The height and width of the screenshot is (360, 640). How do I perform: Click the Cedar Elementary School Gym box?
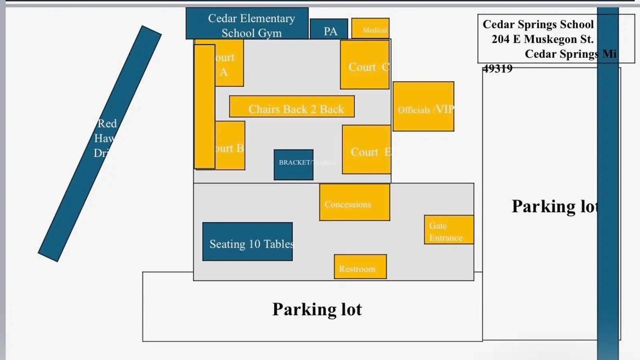click(247, 24)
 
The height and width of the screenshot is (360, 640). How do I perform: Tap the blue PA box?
click(329, 30)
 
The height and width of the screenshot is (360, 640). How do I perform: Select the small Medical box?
click(370, 28)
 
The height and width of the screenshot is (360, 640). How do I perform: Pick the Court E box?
click(366, 150)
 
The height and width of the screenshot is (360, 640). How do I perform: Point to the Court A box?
click(229, 64)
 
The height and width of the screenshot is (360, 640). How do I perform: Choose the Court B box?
click(230, 146)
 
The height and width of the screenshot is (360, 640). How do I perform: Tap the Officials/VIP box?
click(423, 106)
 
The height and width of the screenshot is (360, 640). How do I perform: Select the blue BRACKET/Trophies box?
click(293, 165)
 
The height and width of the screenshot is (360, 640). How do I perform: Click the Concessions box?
click(354, 202)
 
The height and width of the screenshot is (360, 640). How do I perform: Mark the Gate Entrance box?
click(449, 230)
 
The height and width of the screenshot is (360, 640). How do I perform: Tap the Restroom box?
click(360, 267)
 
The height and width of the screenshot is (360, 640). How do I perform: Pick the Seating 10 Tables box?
click(247, 242)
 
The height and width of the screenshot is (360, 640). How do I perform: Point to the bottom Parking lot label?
click(317, 309)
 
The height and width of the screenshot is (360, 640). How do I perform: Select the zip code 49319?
click(497, 69)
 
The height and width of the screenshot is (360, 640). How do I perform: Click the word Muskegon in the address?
click(550, 39)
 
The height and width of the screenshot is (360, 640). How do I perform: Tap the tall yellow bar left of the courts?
click(204, 106)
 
